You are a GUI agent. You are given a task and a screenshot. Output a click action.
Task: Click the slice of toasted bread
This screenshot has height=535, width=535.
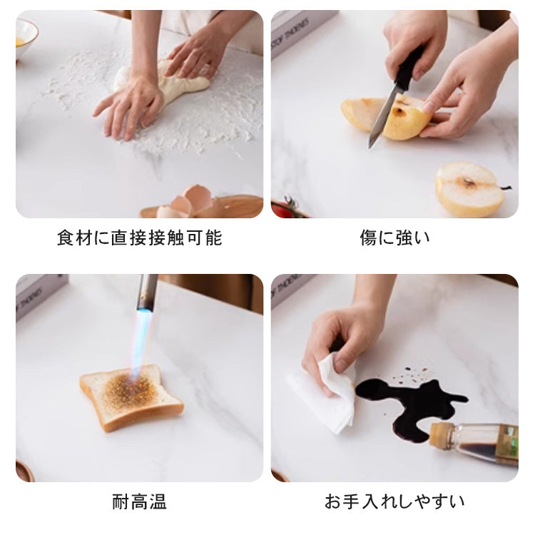tap(131, 397)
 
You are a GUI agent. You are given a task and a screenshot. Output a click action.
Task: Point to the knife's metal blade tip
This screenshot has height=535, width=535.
tap(370, 147)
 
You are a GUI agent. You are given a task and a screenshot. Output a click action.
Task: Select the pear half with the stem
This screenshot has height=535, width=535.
tap(470, 189)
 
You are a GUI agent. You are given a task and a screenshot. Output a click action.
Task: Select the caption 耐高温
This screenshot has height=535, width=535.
tap(139, 501)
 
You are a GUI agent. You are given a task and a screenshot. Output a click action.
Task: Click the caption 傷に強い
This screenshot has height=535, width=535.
tap(394, 238)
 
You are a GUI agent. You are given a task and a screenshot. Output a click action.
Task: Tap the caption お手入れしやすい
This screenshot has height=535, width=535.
tap(394, 501)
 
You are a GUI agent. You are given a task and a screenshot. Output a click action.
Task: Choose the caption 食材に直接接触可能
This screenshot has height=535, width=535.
tap(139, 238)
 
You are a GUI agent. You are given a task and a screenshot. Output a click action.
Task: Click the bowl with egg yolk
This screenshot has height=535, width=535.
tap(25, 40)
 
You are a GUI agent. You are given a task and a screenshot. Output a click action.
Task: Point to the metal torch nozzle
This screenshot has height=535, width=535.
tap(148, 292)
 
